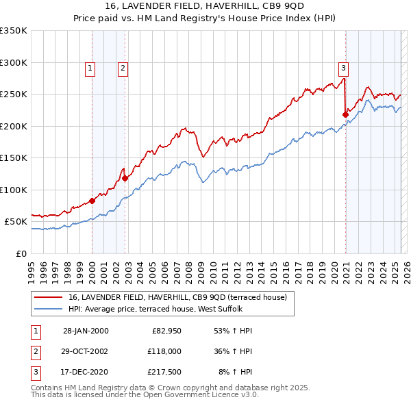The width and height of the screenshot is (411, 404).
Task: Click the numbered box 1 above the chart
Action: pos(91,68)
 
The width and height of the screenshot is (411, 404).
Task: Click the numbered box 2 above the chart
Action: pos(122,68)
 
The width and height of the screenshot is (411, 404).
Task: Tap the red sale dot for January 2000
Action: pos(92,201)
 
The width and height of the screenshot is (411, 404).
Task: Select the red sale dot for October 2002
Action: pos(125,178)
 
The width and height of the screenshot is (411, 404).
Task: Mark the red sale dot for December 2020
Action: pos(345,114)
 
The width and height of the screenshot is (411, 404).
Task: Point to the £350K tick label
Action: pos(14,31)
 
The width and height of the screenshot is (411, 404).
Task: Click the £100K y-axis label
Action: pos(14,190)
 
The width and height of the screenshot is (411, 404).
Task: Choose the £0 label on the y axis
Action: pos(21,253)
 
